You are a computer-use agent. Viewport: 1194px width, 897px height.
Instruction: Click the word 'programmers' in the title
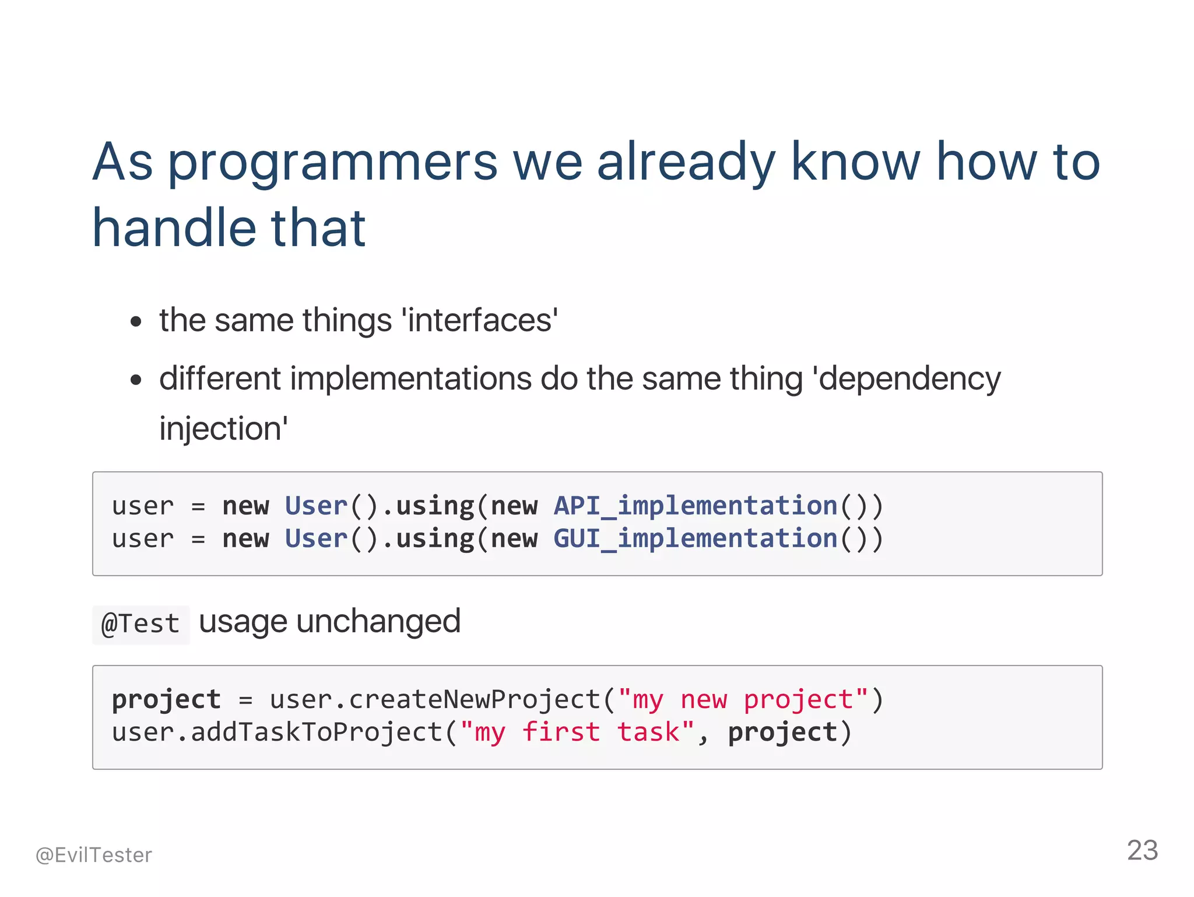(332, 163)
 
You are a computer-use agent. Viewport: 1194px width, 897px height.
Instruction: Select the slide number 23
(1142, 850)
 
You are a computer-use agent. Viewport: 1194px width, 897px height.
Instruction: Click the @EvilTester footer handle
(94, 855)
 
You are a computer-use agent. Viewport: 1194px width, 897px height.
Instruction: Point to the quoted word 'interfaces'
(480, 320)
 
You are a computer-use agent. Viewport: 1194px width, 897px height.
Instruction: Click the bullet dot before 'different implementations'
(136, 380)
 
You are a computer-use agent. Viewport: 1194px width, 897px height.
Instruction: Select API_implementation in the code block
(695, 506)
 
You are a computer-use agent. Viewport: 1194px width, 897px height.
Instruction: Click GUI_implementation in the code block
(695, 538)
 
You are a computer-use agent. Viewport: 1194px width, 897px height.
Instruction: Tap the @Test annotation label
(141, 624)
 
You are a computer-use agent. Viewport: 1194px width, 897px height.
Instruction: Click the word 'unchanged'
(378, 621)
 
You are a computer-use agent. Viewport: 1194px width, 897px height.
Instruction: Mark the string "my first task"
(577, 732)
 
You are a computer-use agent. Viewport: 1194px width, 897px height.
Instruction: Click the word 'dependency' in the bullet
(909, 379)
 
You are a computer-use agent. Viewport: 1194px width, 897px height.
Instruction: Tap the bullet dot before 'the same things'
(136, 321)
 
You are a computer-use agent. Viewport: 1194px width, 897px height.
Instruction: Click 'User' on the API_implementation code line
(316, 506)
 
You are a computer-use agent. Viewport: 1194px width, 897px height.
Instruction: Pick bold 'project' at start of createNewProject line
(166, 699)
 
